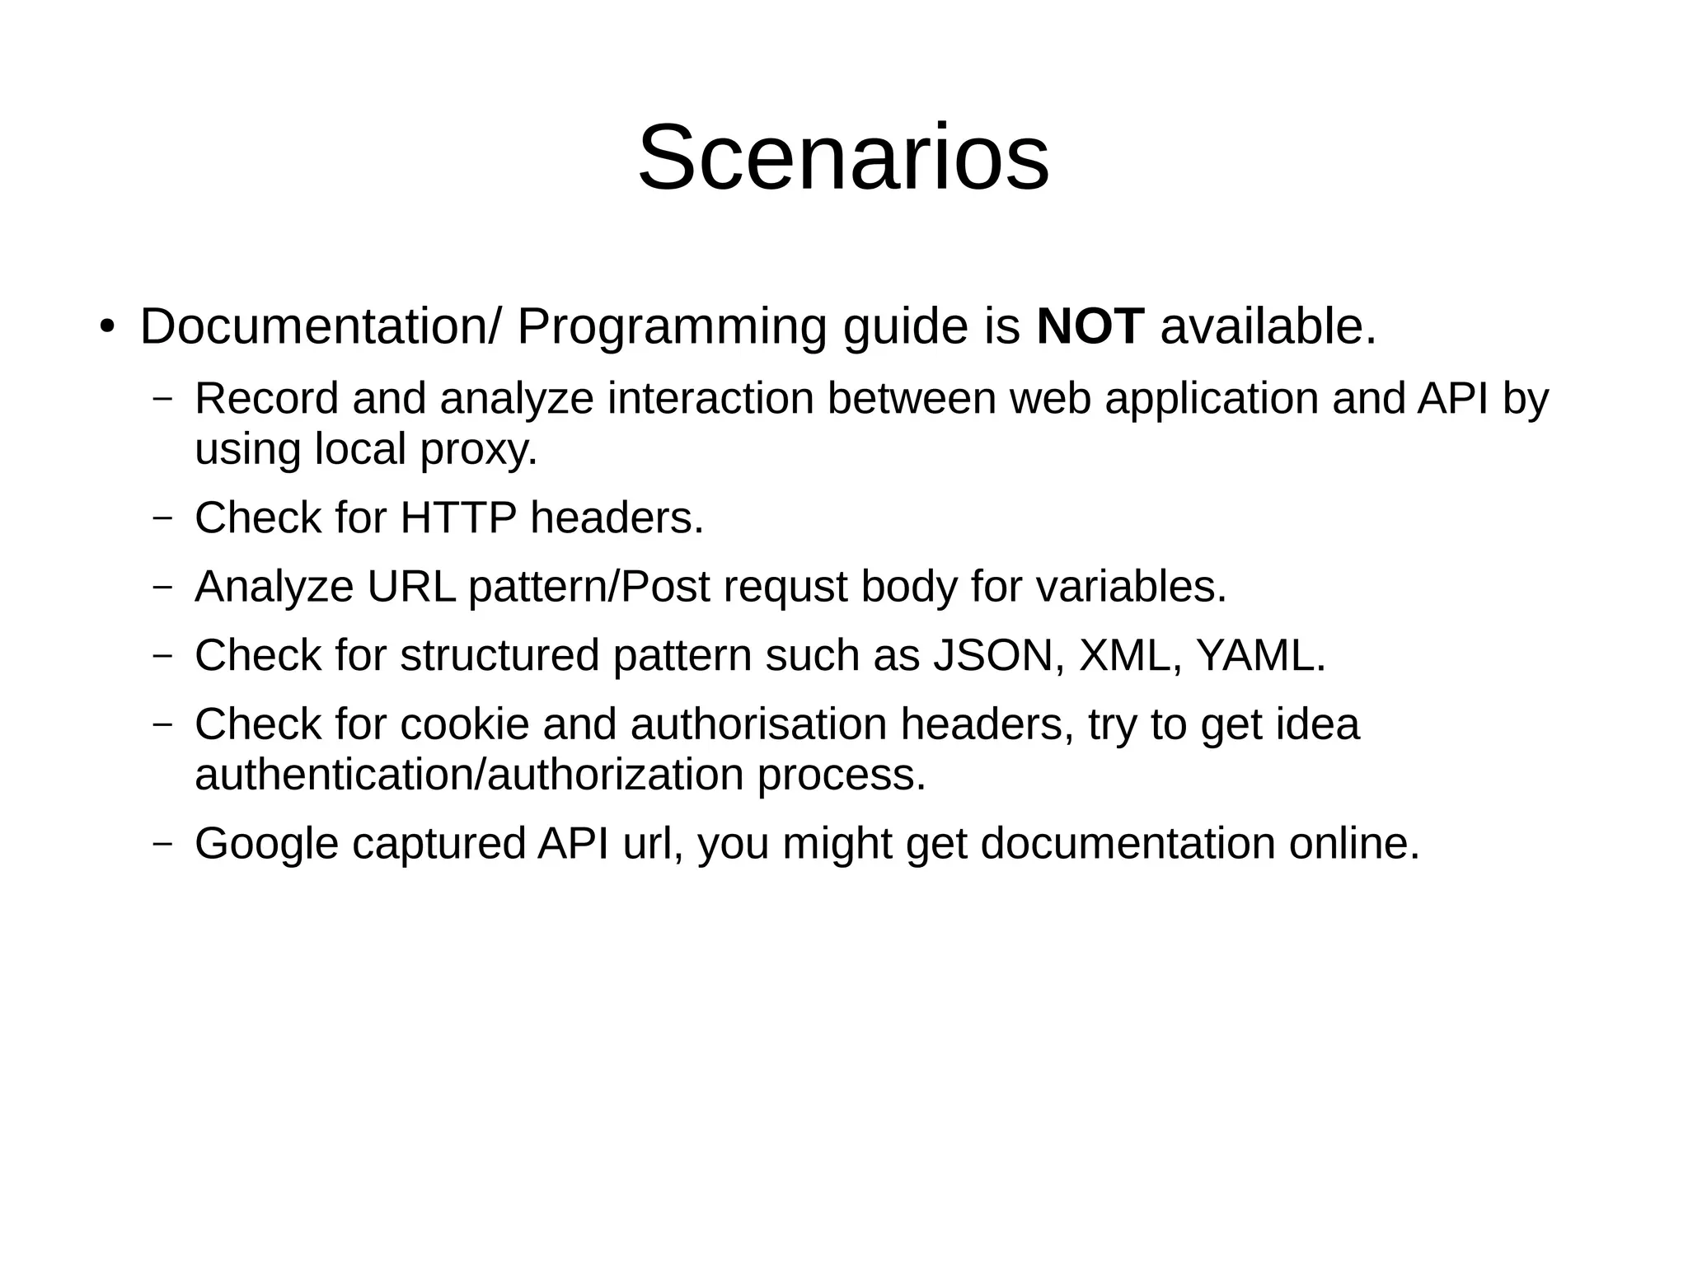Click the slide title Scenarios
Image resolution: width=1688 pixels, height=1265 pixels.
(843, 157)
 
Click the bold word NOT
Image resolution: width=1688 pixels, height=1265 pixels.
(1090, 326)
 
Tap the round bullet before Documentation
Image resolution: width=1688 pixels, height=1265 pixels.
(105, 326)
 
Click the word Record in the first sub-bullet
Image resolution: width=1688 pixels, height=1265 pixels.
(266, 399)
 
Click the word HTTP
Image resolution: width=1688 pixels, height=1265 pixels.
(457, 518)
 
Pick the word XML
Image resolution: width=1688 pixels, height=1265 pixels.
(1130, 656)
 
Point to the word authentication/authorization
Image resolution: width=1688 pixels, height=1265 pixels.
(469, 776)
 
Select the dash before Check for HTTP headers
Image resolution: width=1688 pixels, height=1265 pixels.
(163, 519)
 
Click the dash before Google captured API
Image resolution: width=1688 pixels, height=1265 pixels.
(163, 845)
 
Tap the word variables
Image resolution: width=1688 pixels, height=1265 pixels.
(1131, 588)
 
